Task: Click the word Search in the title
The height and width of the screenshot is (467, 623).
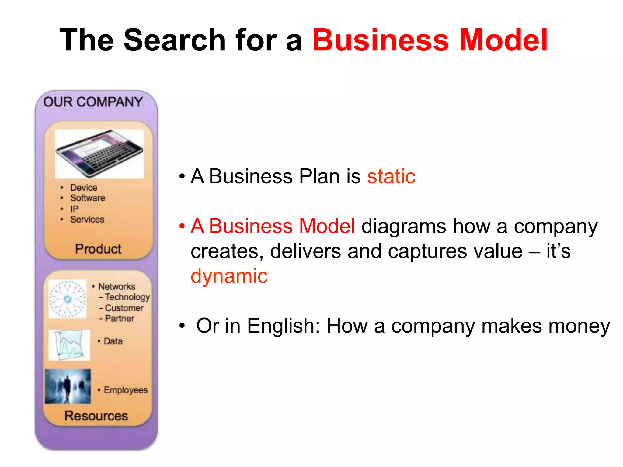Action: click(175, 40)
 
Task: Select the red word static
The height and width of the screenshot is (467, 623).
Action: click(391, 176)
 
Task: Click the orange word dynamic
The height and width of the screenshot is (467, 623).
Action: click(229, 276)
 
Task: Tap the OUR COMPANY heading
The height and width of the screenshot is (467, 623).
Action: click(93, 102)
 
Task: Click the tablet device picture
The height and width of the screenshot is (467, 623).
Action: click(99, 154)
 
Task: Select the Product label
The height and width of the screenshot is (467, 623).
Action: click(98, 249)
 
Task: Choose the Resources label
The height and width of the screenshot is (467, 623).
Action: click(96, 416)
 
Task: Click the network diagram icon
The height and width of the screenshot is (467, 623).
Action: click(68, 299)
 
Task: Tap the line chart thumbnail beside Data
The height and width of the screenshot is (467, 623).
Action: click(69, 345)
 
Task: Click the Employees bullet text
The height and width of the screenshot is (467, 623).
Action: click(125, 390)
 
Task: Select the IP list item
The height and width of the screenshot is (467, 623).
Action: click(74, 209)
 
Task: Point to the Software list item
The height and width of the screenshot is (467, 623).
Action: click(88, 198)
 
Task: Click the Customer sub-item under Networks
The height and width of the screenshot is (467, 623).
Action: click(124, 308)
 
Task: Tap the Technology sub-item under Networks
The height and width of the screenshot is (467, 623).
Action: click(127, 297)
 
